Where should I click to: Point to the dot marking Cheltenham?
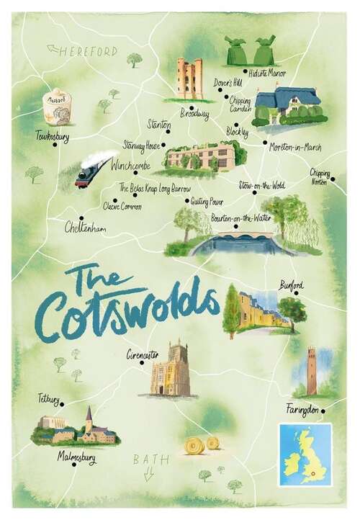(81, 218)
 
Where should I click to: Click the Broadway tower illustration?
(189, 79)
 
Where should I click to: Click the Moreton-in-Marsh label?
(295, 147)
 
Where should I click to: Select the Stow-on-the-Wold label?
(262, 185)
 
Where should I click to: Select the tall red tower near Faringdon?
(311, 371)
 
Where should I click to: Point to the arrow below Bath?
(149, 473)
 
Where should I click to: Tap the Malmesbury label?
(78, 457)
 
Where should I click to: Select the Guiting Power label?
(207, 202)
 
